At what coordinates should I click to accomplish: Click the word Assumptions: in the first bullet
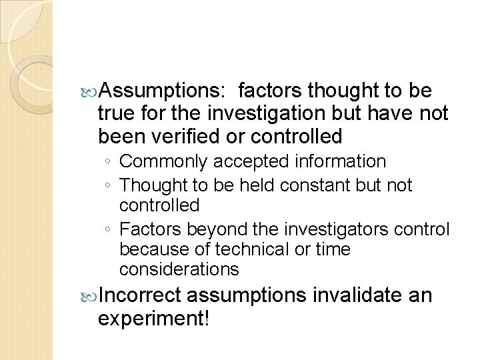coord(163,90)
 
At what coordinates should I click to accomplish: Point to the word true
coord(115,113)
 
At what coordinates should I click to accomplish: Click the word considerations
coord(179,269)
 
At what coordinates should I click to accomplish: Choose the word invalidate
coord(353,295)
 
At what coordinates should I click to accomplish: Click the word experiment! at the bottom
coord(153,319)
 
